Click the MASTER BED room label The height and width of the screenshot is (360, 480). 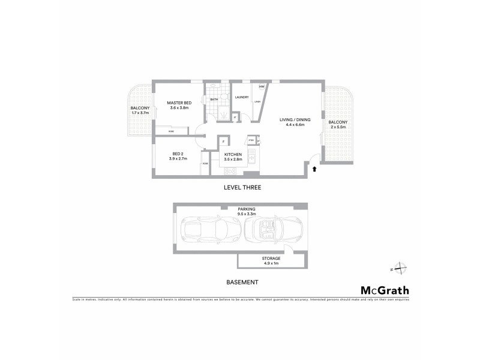[178, 103]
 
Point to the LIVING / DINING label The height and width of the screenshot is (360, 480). [292, 120]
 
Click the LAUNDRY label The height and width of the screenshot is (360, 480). [242, 97]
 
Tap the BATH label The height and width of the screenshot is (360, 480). [214, 99]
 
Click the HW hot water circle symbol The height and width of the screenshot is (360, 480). [262, 88]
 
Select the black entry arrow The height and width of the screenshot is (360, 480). [313, 170]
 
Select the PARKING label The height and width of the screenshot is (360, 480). [247, 209]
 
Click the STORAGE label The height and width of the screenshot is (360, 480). [271, 259]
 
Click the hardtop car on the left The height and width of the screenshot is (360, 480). [205, 229]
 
